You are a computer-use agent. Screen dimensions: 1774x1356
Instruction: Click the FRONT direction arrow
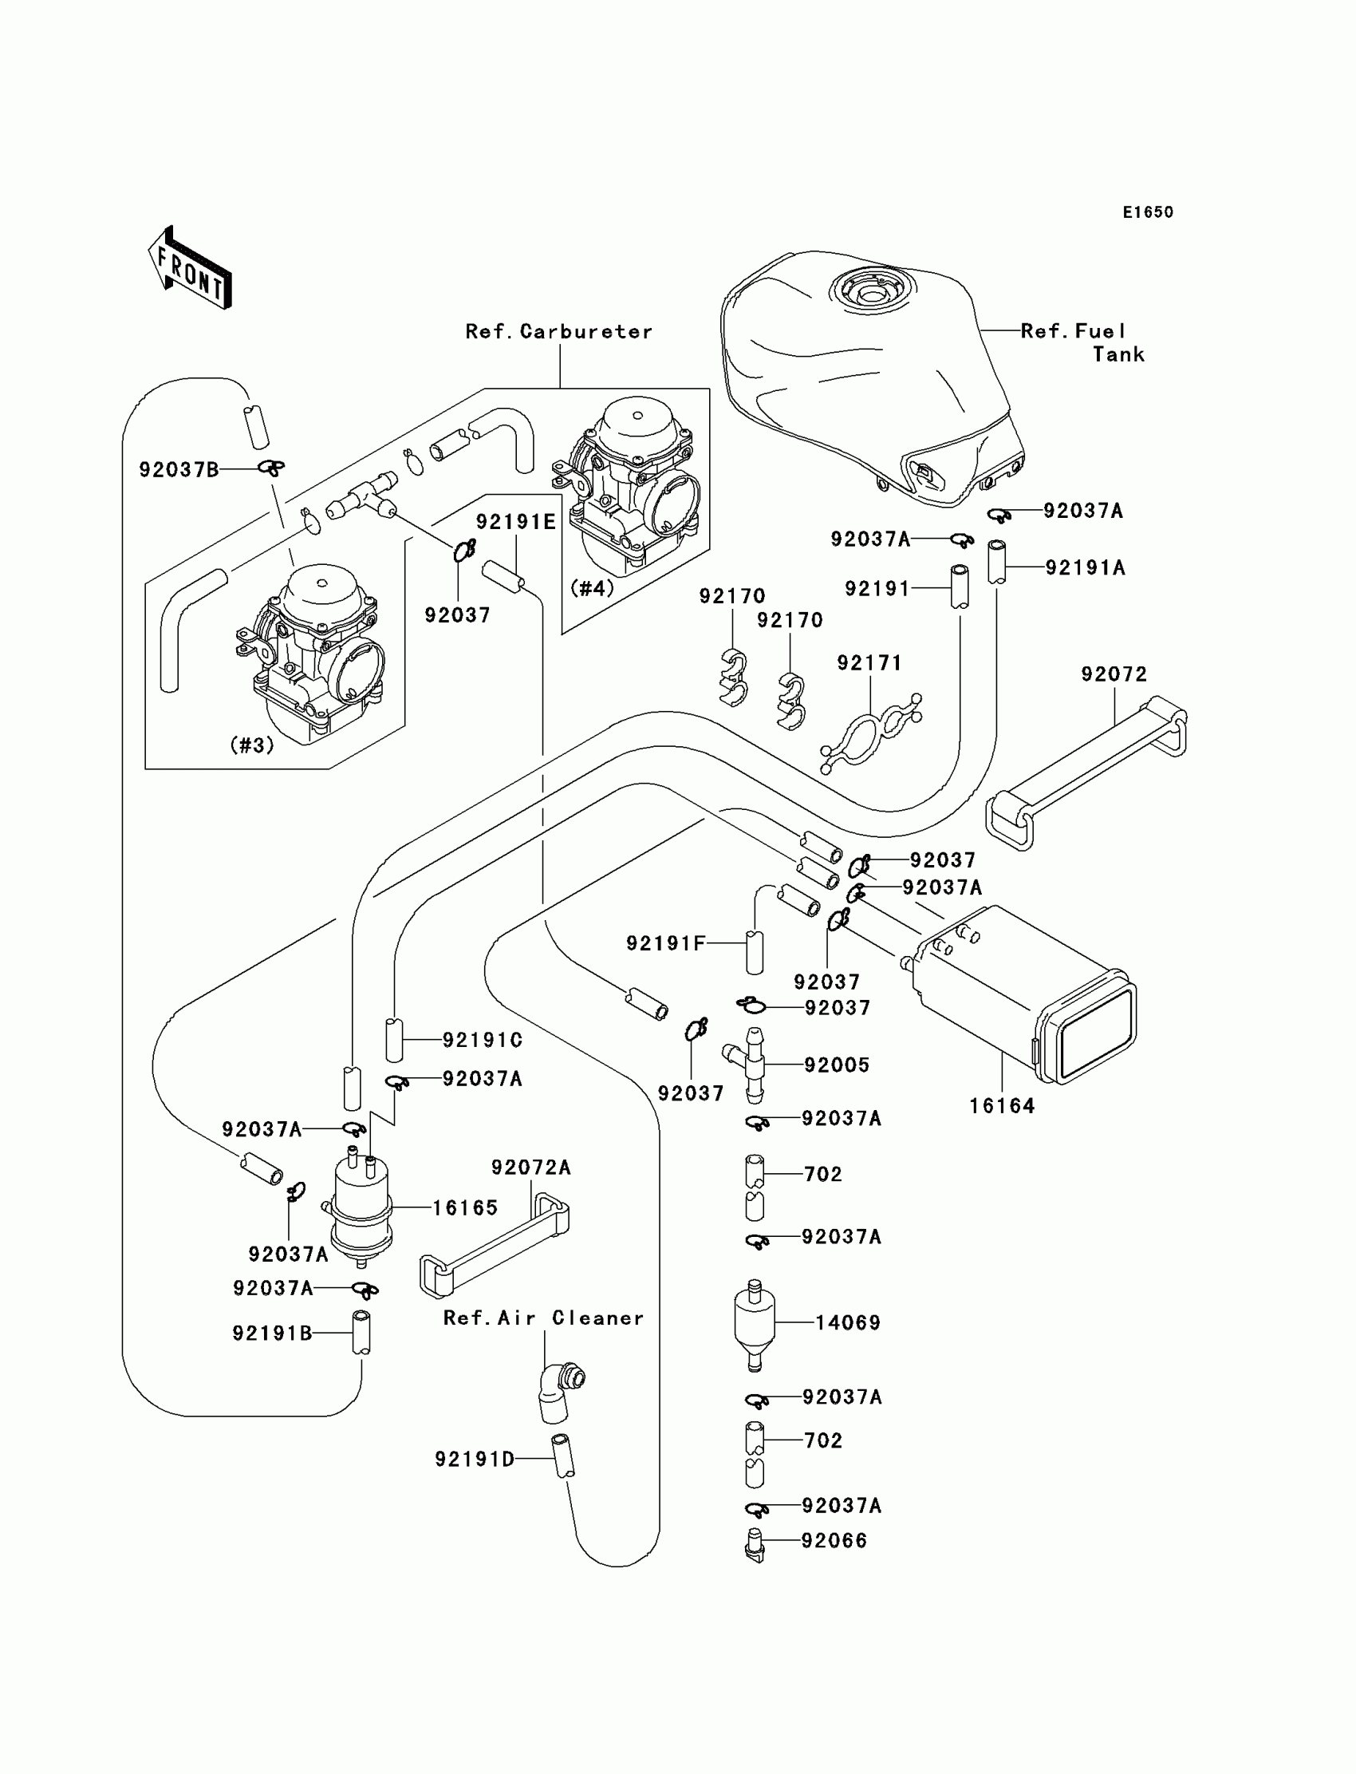(191, 269)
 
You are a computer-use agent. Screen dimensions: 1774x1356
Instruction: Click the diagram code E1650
(1148, 212)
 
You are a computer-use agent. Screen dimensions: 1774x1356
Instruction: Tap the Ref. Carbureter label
(558, 332)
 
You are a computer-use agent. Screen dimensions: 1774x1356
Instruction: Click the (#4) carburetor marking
(592, 588)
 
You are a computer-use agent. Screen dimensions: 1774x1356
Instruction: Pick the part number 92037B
(179, 470)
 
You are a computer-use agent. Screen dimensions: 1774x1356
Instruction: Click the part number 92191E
(516, 523)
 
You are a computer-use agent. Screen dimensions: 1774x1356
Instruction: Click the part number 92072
(1114, 674)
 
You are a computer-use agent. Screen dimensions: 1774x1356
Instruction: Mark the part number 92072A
(530, 1168)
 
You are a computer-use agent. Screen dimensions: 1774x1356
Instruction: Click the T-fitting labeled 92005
(751, 1065)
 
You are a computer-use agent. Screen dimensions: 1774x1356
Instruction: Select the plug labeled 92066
(754, 1543)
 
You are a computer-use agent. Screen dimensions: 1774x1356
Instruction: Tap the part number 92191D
(475, 1459)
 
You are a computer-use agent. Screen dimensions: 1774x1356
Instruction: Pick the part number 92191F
(666, 943)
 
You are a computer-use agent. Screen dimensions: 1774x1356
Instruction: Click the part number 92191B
(272, 1333)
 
